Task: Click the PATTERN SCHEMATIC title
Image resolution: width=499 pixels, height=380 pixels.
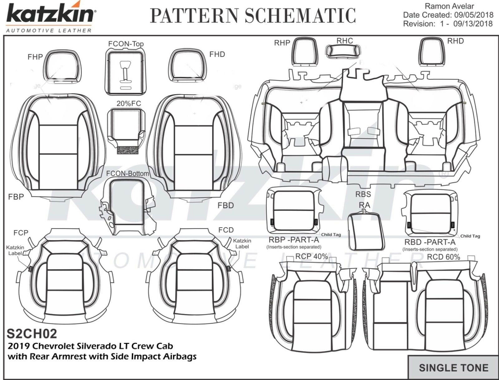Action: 253,16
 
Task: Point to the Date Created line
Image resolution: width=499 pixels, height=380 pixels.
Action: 448,15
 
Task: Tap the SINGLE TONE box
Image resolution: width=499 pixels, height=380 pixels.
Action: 453,368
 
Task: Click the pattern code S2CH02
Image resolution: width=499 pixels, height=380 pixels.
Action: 32,334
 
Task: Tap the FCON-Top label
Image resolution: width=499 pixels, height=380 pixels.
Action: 126,44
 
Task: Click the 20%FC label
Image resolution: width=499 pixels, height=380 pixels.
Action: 128,103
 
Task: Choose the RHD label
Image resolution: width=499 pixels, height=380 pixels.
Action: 455,41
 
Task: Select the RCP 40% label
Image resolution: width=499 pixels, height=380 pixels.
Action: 311,257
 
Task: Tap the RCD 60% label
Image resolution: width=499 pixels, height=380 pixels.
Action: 443,257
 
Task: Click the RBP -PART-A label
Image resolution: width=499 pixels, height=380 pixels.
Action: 293,241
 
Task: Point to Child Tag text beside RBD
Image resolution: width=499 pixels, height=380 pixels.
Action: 470,236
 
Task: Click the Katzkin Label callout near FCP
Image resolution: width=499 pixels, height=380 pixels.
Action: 15,250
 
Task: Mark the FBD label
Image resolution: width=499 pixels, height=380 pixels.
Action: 225,206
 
